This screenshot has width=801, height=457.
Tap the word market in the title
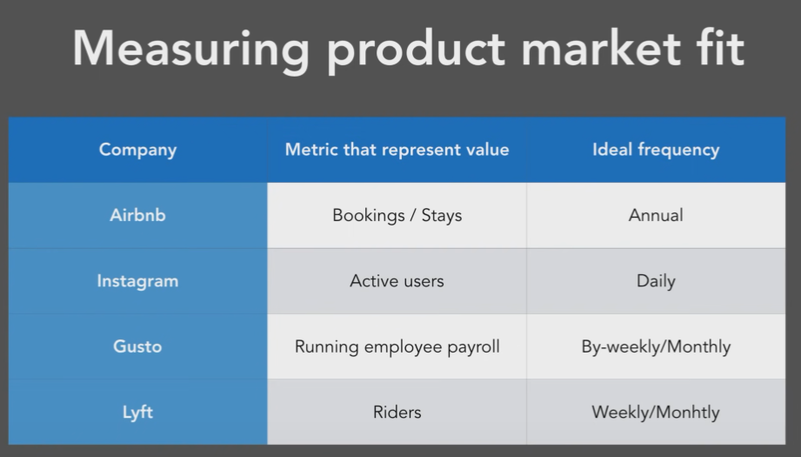pos(601,48)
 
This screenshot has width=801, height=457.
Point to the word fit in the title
pos(720,48)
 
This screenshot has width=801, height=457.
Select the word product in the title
pos(416,51)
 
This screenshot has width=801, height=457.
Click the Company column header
pos(138,150)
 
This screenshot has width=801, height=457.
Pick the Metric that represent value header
pos(397,150)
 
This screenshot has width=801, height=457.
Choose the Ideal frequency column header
pos(656,150)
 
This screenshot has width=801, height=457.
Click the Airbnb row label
pos(138,215)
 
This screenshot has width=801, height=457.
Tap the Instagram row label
pos(138,281)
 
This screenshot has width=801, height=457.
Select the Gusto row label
pos(138,346)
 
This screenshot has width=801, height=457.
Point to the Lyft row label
pos(138,413)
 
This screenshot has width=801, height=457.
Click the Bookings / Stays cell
pos(397,216)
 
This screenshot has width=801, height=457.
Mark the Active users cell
pos(397,281)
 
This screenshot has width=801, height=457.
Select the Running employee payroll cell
pos(397,347)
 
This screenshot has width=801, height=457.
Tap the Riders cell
pos(397,413)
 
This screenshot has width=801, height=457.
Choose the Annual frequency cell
pos(656,215)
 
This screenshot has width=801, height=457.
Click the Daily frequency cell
pos(656,281)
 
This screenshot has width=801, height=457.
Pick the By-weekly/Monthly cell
pos(656,347)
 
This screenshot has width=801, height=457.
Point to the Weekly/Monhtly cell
pos(656,413)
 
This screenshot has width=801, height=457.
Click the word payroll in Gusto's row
pos(473,347)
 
